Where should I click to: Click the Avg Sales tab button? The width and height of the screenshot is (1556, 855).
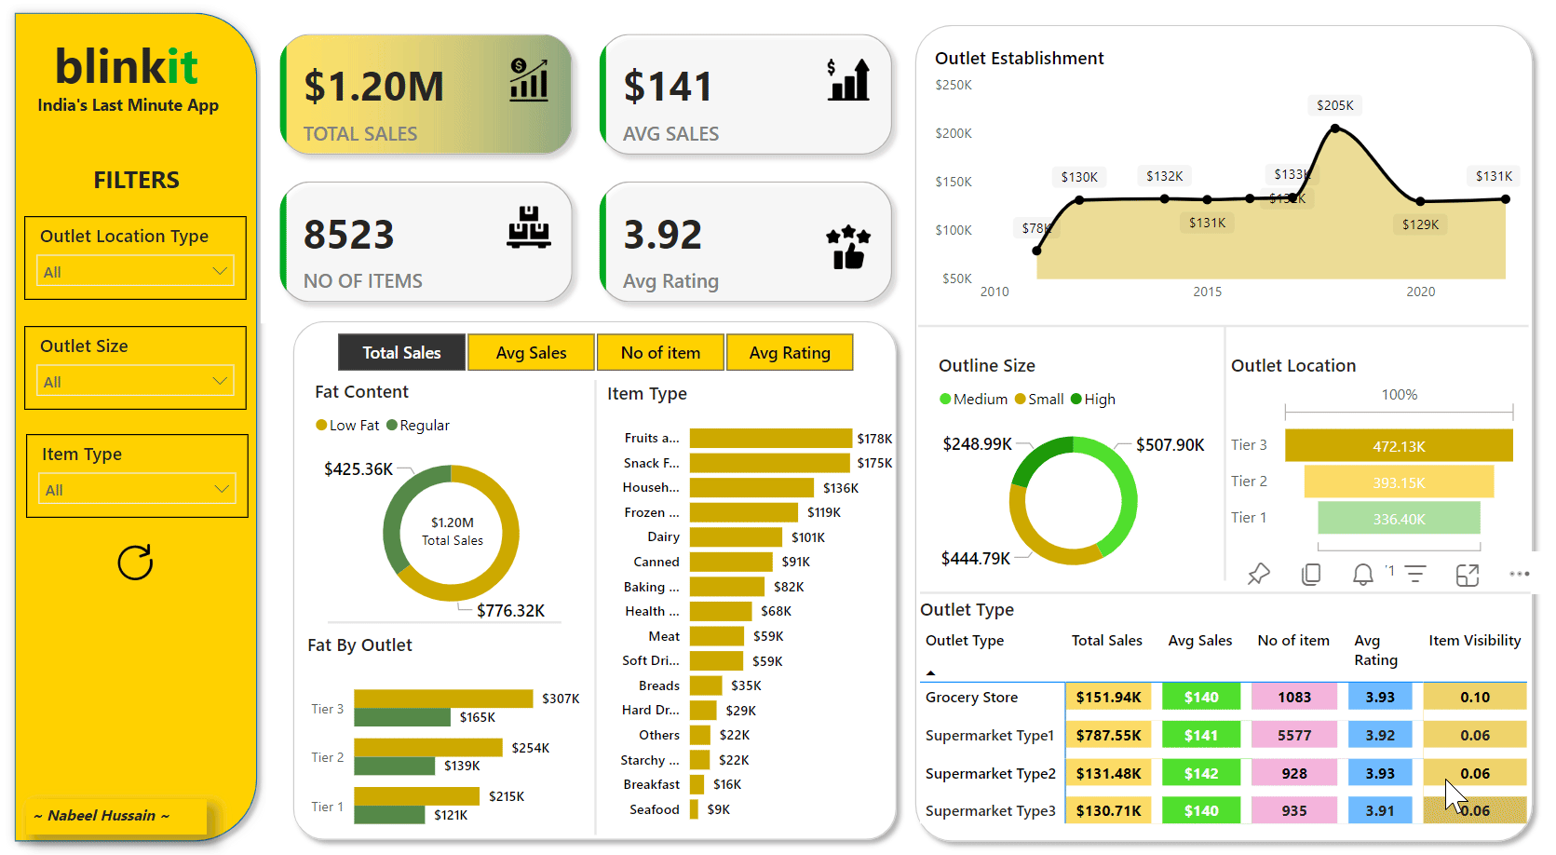pos(531,353)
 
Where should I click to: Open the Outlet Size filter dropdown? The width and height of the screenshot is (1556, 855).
pos(136,381)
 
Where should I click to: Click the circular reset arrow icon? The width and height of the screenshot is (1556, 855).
pos(135,563)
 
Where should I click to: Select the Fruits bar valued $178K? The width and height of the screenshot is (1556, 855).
pos(770,438)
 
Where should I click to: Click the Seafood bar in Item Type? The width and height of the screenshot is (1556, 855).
pos(694,809)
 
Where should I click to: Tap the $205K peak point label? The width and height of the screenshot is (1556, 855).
pos(1334,105)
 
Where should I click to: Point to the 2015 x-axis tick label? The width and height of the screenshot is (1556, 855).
pos(1207,292)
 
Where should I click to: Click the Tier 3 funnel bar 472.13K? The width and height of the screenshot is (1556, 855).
pos(1398,446)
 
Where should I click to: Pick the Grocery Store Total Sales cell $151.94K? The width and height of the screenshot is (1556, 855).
pos(1108,697)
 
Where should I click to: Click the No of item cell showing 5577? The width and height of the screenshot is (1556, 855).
pos(1293,735)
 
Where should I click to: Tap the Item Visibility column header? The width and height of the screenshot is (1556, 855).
pos(1474,641)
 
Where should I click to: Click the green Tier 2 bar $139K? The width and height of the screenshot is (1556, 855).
pos(394,766)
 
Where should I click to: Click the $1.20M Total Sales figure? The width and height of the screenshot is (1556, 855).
pos(373,87)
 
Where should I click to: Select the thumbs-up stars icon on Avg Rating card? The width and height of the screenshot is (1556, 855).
pos(848,247)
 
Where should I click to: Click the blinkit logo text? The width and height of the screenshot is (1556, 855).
pos(127,67)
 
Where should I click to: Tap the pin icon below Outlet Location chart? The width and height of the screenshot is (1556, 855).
pos(1258,575)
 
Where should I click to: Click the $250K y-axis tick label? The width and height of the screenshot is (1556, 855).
pos(953,85)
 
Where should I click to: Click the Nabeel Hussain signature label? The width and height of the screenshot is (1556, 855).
pos(101,816)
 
